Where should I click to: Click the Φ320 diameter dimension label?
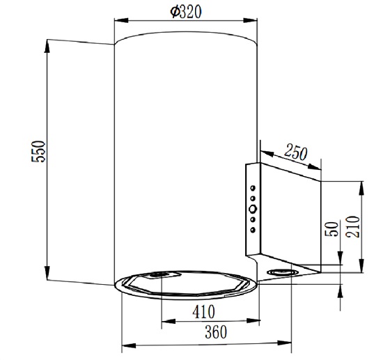186,12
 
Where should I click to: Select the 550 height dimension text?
38,151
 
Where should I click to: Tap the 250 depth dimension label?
295,152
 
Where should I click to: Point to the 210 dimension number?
352,226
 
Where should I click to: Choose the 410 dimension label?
203,312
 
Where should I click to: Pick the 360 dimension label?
216,332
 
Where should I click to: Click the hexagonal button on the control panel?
253,209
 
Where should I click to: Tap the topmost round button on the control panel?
253,188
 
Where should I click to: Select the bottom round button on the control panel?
253,230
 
